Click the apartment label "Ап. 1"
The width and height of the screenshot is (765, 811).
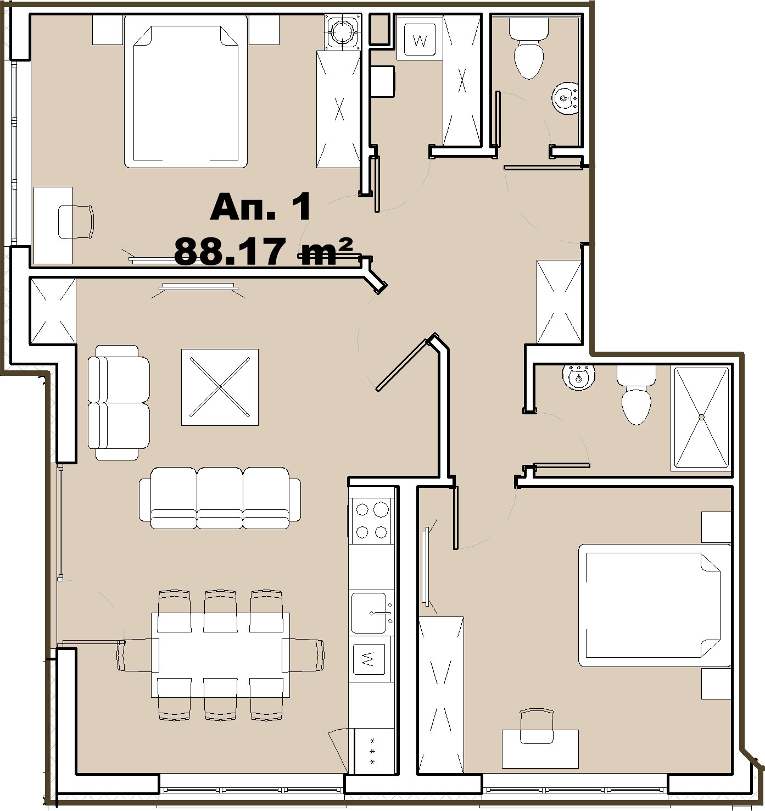click(x=260, y=207)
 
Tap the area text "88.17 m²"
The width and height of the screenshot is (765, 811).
click(x=263, y=252)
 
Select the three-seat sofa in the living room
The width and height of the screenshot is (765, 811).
click(x=220, y=498)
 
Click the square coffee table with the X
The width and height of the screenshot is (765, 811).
click(x=220, y=387)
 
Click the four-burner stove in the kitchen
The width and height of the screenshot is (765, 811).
click(x=371, y=520)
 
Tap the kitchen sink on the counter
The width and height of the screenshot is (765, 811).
click(x=371, y=612)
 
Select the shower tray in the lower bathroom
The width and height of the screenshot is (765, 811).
click(x=701, y=417)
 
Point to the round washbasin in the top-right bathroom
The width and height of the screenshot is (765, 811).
click(x=565, y=99)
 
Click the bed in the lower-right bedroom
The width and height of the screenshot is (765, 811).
click(x=654, y=605)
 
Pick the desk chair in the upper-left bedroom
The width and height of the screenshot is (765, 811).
click(x=76, y=221)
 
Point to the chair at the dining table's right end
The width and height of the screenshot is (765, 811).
click(x=303, y=656)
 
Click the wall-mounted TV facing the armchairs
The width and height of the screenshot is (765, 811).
click(x=198, y=287)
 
